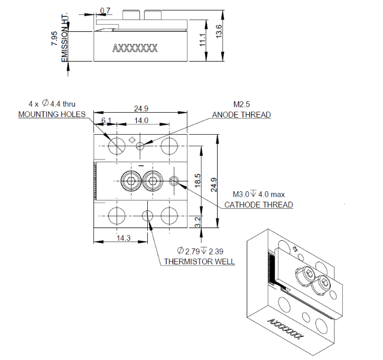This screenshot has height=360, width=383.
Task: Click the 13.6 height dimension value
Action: point(219,33)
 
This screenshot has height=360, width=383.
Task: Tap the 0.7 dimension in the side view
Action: point(106,10)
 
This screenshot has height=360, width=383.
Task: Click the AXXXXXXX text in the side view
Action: point(135,48)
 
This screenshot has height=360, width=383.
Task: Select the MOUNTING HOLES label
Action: point(52,114)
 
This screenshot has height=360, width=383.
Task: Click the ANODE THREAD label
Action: point(241,115)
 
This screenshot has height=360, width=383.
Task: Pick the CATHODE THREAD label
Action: point(258,205)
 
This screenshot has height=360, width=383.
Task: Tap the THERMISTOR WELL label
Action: point(199,262)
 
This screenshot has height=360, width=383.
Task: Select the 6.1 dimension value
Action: point(106,120)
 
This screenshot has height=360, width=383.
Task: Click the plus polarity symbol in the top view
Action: point(131,140)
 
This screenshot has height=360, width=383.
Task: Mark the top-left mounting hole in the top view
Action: point(116,145)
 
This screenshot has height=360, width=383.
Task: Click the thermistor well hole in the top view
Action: point(148,215)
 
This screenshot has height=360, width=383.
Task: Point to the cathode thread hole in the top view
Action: point(175,180)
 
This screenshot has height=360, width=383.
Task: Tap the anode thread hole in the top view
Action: point(141,146)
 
